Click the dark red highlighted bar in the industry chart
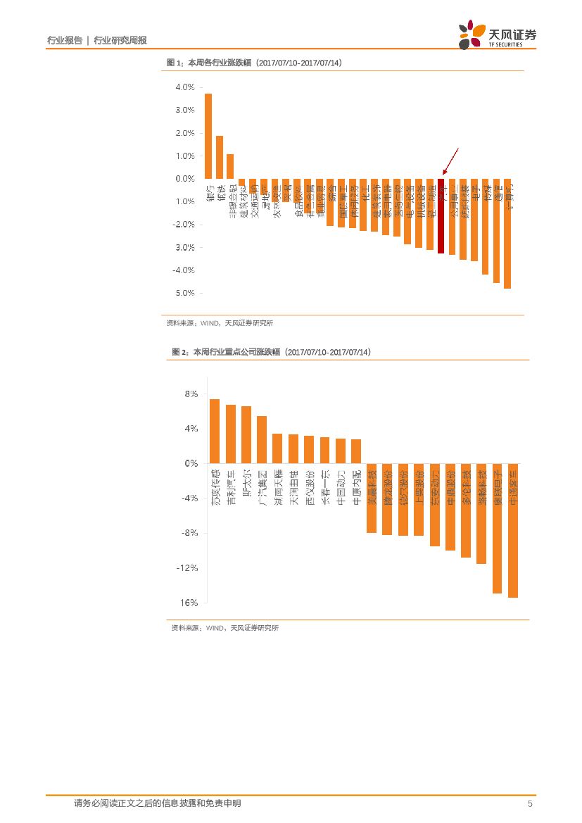(x=441, y=215)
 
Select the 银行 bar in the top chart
(x=208, y=136)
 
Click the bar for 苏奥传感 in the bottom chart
(x=215, y=431)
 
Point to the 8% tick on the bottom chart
(x=191, y=394)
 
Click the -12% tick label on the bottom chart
(x=189, y=568)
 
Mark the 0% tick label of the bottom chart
(x=191, y=464)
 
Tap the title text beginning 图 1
(x=254, y=63)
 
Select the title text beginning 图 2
(x=272, y=352)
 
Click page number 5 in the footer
(x=530, y=803)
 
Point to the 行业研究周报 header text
(x=120, y=41)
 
